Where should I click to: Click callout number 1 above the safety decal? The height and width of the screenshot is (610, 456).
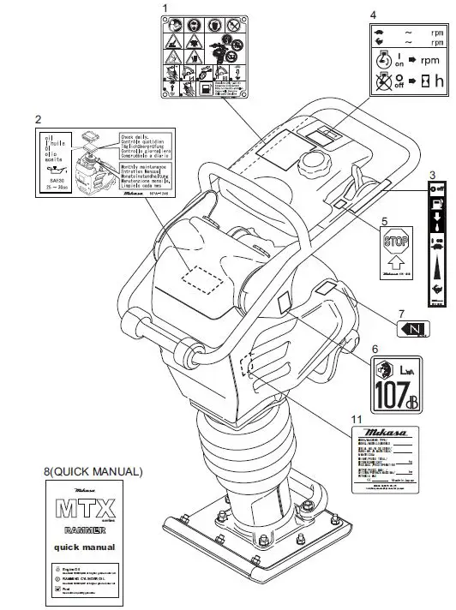[x=165, y=8]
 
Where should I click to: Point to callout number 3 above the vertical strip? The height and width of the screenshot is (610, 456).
[x=434, y=175]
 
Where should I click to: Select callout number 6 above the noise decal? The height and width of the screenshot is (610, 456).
[x=375, y=349]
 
